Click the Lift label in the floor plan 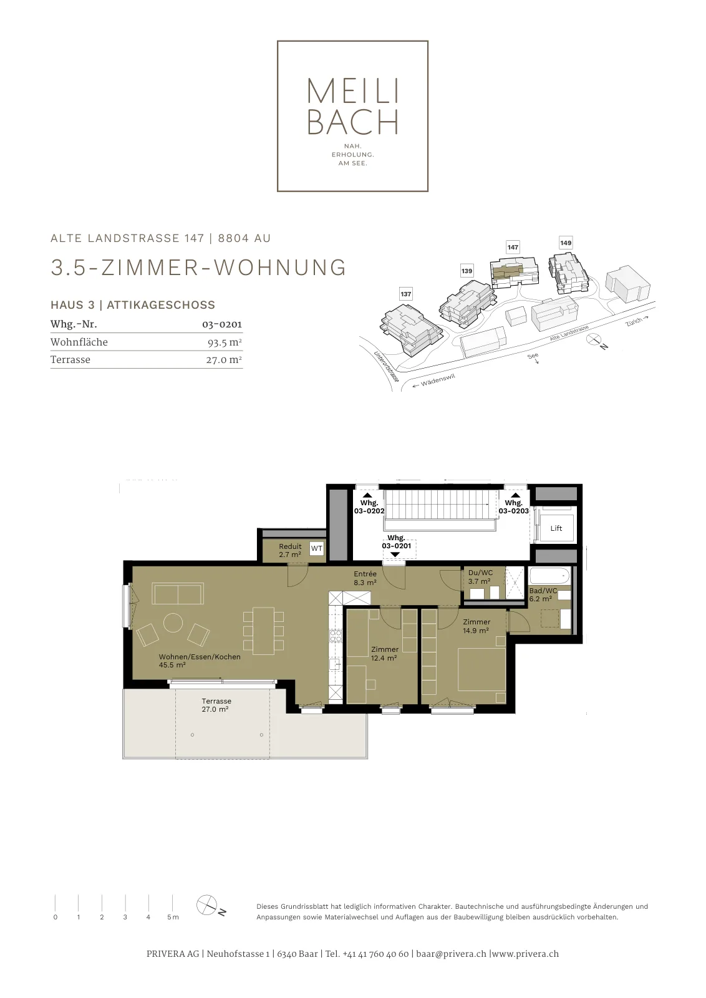(x=556, y=528)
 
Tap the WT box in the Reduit (x=316, y=548)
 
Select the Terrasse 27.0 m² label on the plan (x=216, y=705)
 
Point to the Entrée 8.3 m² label (x=365, y=578)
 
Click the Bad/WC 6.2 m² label (x=543, y=594)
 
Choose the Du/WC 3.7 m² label (x=480, y=577)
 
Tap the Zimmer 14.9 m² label (x=476, y=626)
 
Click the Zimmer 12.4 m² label (x=384, y=654)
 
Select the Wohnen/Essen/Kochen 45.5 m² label (x=200, y=661)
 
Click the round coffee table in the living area (x=173, y=623)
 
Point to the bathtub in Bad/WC (x=549, y=576)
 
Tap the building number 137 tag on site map (x=406, y=294)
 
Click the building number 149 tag (x=566, y=243)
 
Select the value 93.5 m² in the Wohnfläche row (x=225, y=342)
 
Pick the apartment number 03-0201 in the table (x=222, y=324)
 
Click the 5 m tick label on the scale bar (x=173, y=917)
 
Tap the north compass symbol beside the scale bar (x=206, y=905)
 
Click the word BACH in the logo (x=352, y=122)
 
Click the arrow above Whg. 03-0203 (x=515, y=495)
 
